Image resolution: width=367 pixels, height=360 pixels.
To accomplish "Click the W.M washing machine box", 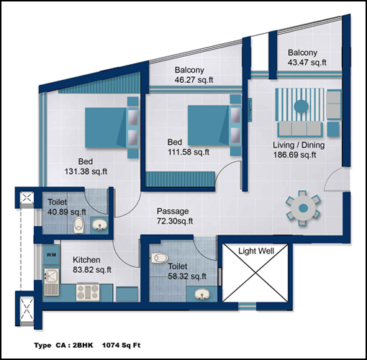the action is click(x=51, y=255).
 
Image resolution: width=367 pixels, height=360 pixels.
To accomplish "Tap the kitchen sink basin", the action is click(x=51, y=276).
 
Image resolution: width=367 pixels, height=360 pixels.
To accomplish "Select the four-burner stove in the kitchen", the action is click(x=88, y=292).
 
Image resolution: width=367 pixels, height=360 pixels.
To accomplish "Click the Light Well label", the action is click(x=256, y=251).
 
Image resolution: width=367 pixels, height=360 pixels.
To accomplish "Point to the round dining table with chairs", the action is click(x=303, y=208).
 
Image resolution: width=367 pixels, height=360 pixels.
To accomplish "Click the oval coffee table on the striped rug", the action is click(x=302, y=106).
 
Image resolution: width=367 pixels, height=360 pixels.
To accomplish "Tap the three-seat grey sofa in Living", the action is click(x=300, y=129).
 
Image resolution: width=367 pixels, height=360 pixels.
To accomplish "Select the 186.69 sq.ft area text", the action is click(x=294, y=155).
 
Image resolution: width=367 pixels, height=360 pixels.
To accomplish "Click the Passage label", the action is click(x=173, y=211).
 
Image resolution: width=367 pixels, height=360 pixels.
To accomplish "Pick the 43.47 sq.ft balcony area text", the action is click(x=307, y=63).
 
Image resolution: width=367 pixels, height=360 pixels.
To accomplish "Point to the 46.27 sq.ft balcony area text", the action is click(x=194, y=80).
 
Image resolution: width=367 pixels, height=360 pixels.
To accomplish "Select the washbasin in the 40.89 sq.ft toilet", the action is click(x=99, y=225).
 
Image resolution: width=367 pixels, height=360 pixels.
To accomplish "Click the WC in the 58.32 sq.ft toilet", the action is click(x=159, y=258).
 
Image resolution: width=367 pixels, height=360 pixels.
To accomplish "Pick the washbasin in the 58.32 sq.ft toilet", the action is click(x=201, y=294).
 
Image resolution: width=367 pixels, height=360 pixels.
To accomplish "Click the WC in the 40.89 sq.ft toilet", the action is click(x=78, y=225).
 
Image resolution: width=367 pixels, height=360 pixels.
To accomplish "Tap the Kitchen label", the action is click(x=86, y=260).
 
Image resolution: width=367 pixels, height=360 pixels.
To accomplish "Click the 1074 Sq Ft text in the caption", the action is click(x=121, y=346).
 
